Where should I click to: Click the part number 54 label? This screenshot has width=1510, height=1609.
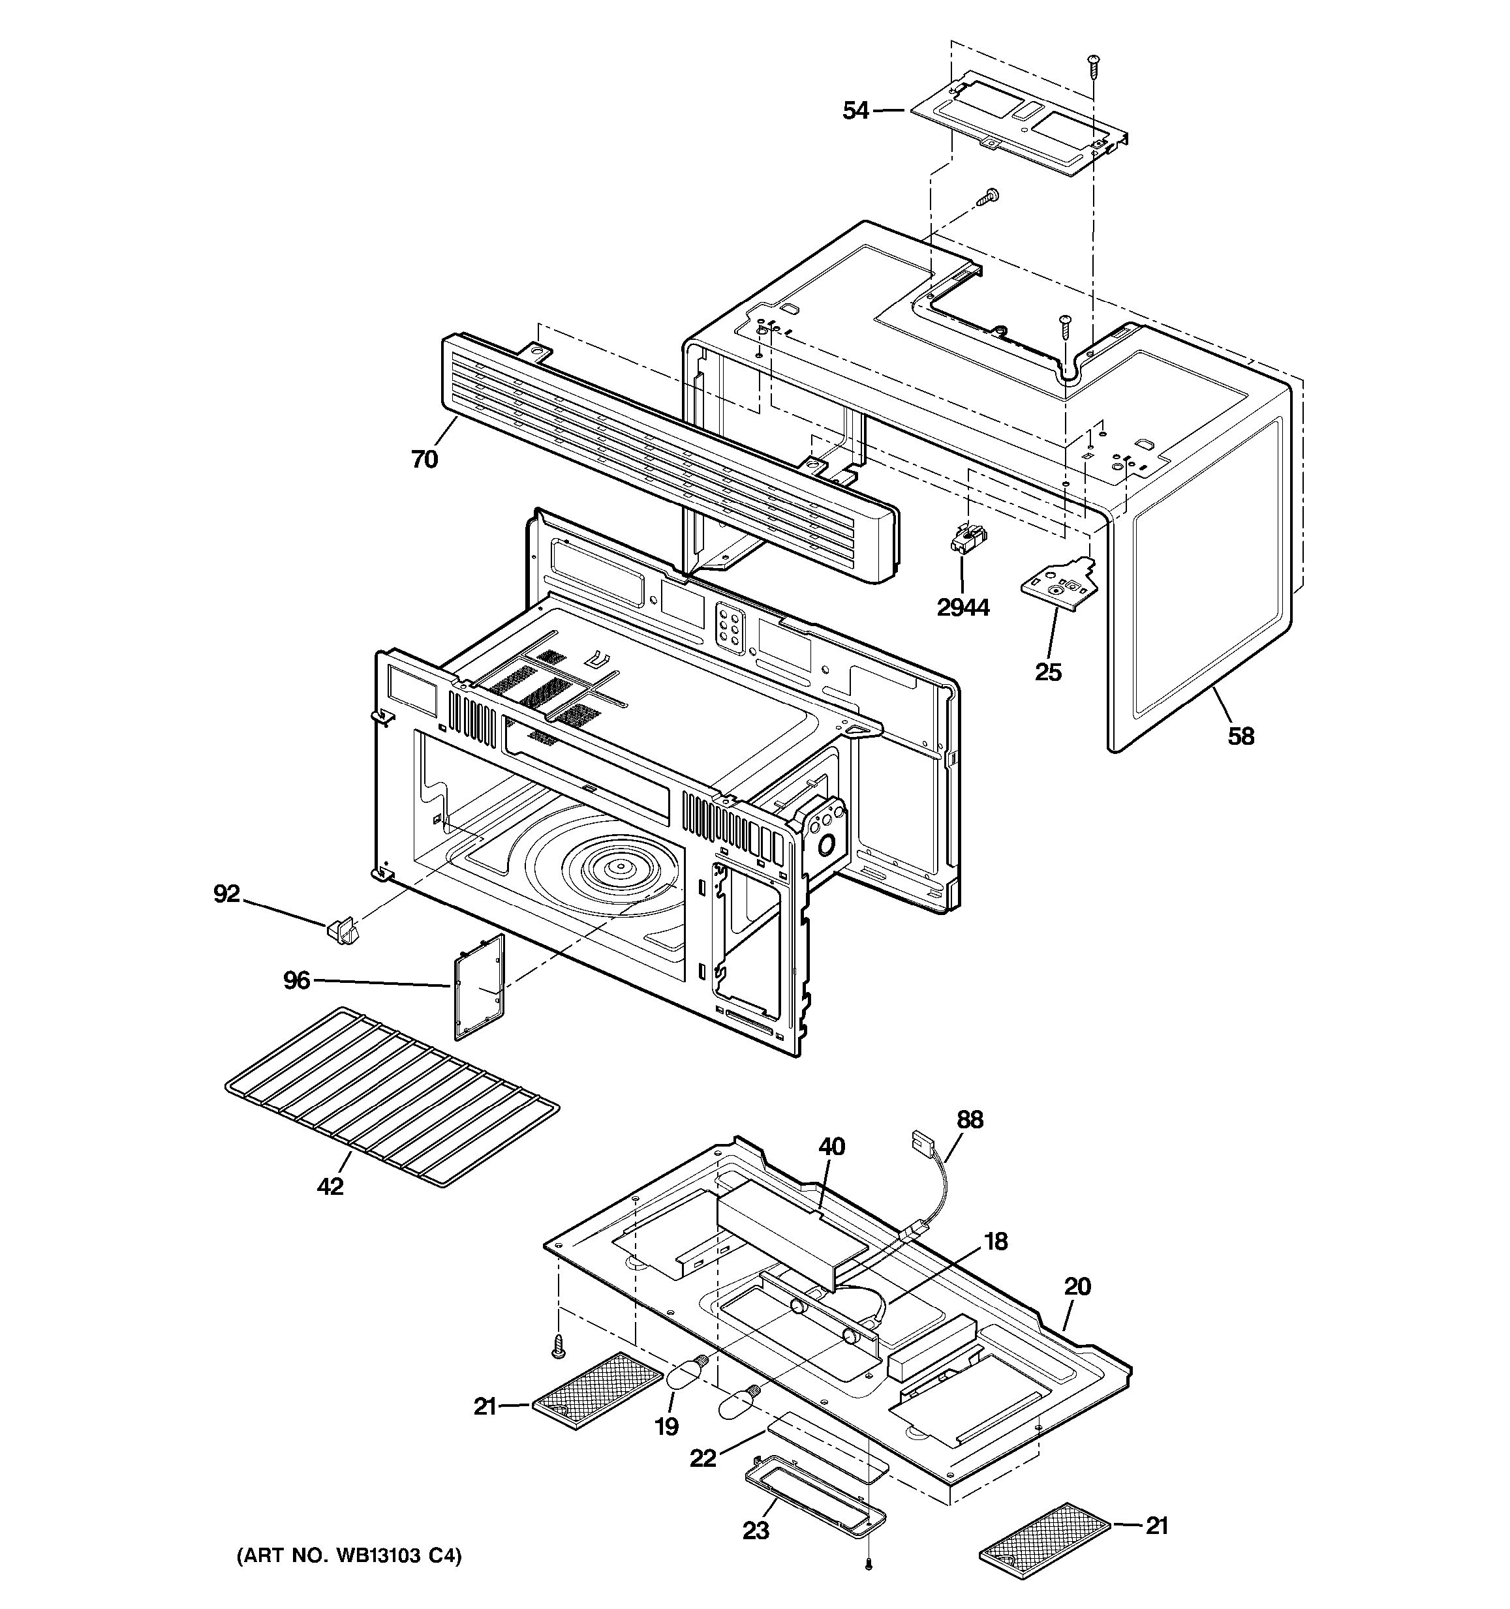coord(855,110)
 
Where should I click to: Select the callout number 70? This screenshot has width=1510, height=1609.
coord(424,459)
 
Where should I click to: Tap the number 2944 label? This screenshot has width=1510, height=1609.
coord(963,607)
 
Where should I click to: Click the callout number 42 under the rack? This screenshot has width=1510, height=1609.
coord(330,1186)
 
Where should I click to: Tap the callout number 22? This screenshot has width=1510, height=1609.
coord(703,1458)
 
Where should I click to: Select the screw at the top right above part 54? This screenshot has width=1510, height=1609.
coord(1094,65)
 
